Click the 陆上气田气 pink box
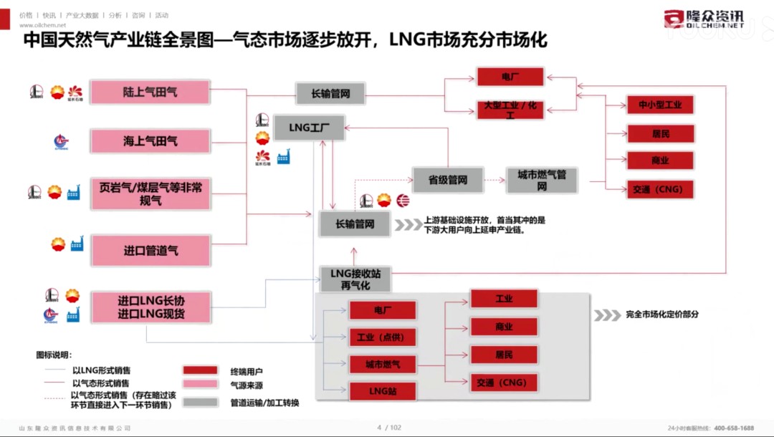(x=150, y=92)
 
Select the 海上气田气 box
(x=150, y=141)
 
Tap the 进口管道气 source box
(x=150, y=250)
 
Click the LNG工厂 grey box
(x=309, y=128)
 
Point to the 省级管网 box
(x=448, y=180)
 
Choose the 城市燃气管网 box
(x=541, y=180)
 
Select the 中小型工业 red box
(x=660, y=105)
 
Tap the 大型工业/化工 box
(x=511, y=109)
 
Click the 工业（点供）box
(x=382, y=337)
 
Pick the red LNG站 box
(x=382, y=391)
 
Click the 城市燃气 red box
(x=382, y=365)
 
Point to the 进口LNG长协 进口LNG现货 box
(x=150, y=307)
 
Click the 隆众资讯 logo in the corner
(x=704, y=19)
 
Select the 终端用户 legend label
(x=247, y=371)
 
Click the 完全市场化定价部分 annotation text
(x=661, y=314)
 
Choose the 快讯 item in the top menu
(x=49, y=15)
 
